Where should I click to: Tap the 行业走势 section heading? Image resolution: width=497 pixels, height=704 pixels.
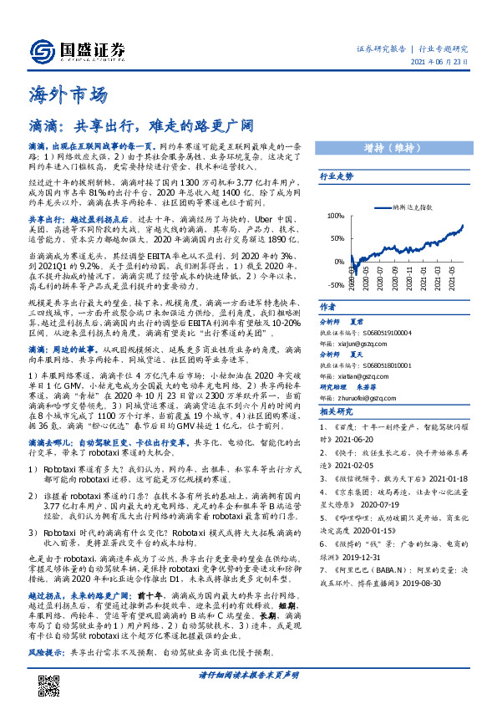(x=337, y=177)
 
